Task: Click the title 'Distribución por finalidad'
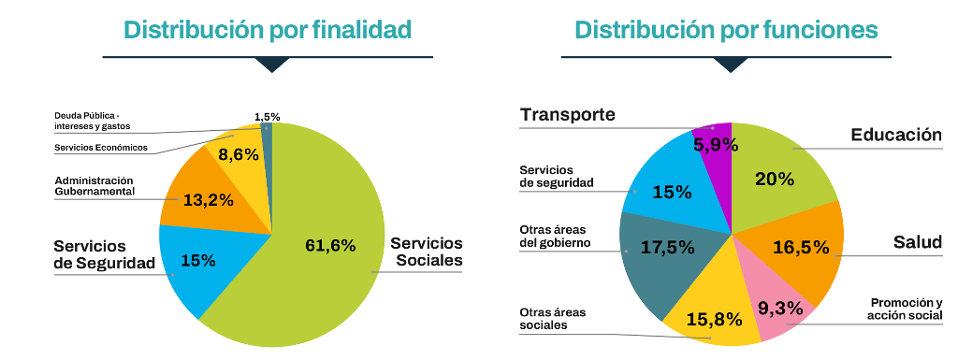click(268, 30)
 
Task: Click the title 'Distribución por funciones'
click(726, 30)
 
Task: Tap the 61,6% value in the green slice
click(330, 246)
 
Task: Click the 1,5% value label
click(267, 117)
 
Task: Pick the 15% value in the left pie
click(197, 261)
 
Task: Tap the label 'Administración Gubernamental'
click(94, 185)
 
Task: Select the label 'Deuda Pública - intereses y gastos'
click(92, 120)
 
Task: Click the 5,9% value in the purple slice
click(716, 145)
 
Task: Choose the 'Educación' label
click(895, 136)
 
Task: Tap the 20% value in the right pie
click(776, 178)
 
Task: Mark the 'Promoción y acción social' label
click(906, 309)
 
